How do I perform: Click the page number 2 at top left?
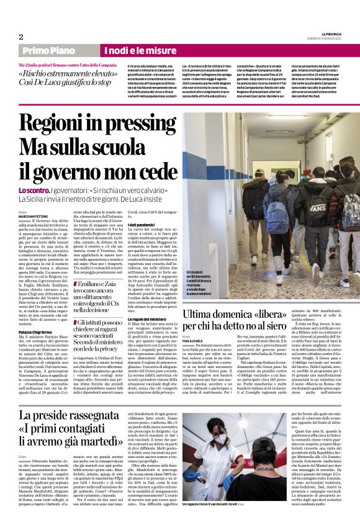tap(20, 37)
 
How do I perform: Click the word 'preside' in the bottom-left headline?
tap(58, 415)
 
